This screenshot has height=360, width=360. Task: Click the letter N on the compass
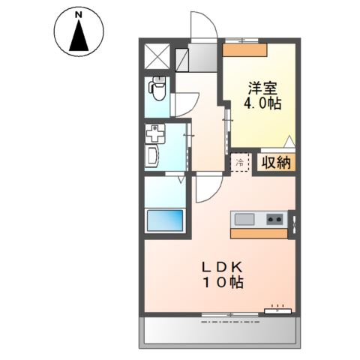click(79, 15)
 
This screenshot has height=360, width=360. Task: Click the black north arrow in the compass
click(79, 35)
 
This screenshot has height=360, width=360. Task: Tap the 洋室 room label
click(262, 88)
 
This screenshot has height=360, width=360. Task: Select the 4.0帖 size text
click(262, 103)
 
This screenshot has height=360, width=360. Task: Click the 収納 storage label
click(276, 163)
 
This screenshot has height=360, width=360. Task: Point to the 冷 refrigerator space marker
click(240, 163)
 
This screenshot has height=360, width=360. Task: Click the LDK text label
click(222, 268)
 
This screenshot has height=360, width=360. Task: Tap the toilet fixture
click(157, 88)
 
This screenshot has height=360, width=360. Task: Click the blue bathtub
click(165, 220)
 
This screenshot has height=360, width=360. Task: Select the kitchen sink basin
click(244, 219)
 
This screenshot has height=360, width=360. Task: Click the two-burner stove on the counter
click(274, 219)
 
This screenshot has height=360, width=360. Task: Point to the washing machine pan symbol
click(155, 133)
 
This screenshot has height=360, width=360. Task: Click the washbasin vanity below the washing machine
click(152, 157)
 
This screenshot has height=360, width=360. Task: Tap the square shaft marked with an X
click(157, 56)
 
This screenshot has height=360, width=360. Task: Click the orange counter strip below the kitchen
click(259, 234)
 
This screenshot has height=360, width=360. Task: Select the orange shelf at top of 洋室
click(245, 49)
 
